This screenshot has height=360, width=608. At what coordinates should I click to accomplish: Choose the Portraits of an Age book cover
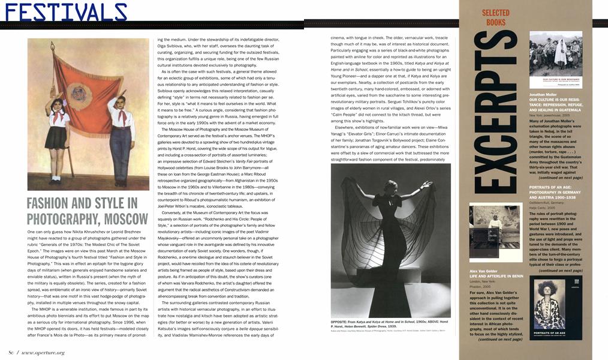coord(556,306)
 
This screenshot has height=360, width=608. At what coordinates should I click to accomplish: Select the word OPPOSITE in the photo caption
coord(341,322)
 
